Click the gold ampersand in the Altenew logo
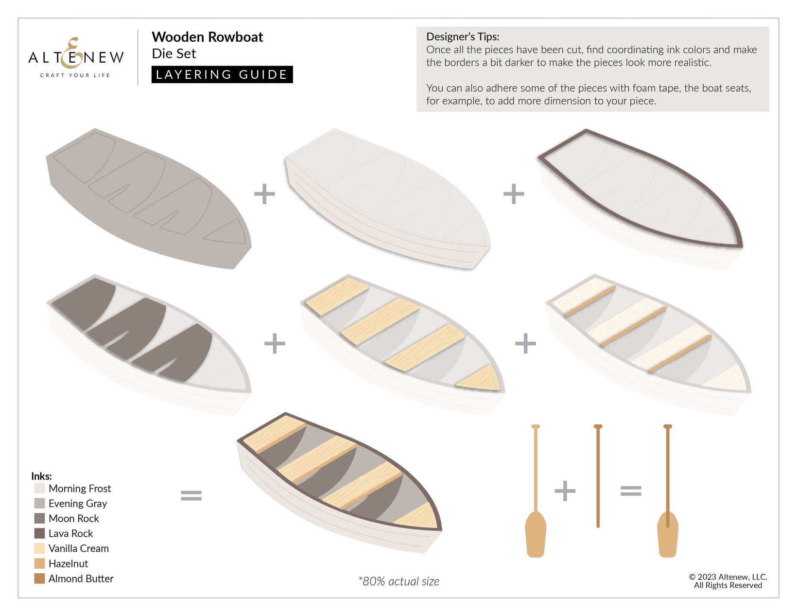[x=71, y=53]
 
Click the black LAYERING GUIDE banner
[x=222, y=74]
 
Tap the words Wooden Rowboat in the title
[x=207, y=37]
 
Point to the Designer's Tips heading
[x=463, y=36]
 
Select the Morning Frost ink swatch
[x=40, y=488]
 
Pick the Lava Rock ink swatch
[x=40, y=533]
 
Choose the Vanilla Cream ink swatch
[x=40, y=548]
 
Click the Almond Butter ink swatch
[x=40, y=578]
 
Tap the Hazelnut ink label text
[x=68, y=563]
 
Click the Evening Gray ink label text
[x=78, y=504]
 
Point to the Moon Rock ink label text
[x=74, y=518]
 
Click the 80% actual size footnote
[x=398, y=581]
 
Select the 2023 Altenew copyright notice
[x=728, y=581]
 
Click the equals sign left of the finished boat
[x=191, y=495]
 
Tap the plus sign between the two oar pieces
[x=565, y=491]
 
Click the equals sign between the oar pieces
[x=631, y=491]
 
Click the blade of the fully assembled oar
[x=668, y=534]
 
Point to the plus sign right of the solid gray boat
[x=264, y=194]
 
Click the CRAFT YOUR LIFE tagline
[x=75, y=75]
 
